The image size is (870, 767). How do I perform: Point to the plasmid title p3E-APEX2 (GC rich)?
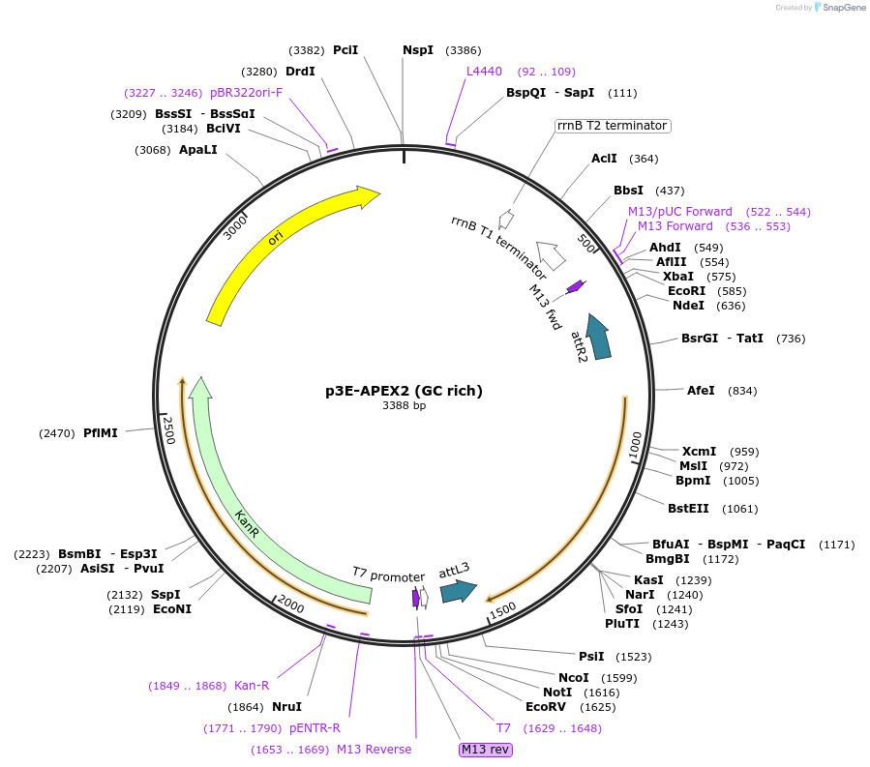[x=404, y=391]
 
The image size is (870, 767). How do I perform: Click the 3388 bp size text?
[x=404, y=406]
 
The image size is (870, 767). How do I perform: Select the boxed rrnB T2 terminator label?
[x=613, y=126]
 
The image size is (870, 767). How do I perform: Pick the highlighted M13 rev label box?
[x=486, y=750]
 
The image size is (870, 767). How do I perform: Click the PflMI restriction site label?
[x=100, y=433]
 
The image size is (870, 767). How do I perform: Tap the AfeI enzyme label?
[x=701, y=391]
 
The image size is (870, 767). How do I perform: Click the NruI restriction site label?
[x=286, y=706]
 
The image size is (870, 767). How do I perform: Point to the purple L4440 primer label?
[x=484, y=72]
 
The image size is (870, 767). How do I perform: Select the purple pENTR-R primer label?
[x=315, y=728]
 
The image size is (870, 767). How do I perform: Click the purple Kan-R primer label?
[x=252, y=686]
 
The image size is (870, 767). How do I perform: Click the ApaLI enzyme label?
[x=198, y=150]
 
